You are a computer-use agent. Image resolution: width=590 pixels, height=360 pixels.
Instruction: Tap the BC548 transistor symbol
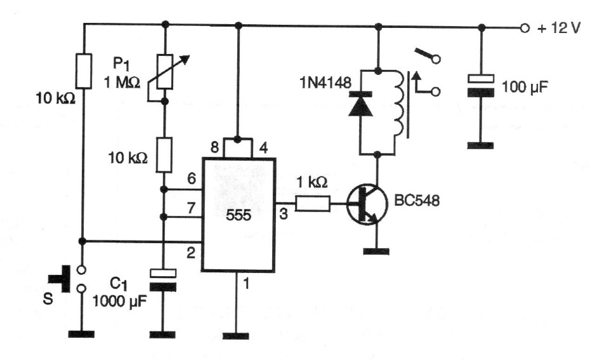pyautogui.click(x=367, y=204)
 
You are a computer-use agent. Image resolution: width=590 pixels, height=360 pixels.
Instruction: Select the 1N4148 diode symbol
pyautogui.click(x=360, y=105)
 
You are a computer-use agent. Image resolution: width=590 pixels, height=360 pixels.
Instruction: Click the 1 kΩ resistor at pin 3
pyautogui.click(x=312, y=204)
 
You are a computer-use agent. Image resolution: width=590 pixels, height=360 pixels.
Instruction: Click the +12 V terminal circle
pyautogui.click(x=524, y=28)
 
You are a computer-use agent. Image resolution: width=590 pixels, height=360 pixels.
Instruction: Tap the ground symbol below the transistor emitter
pyautogui.click(x=377, y=251)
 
